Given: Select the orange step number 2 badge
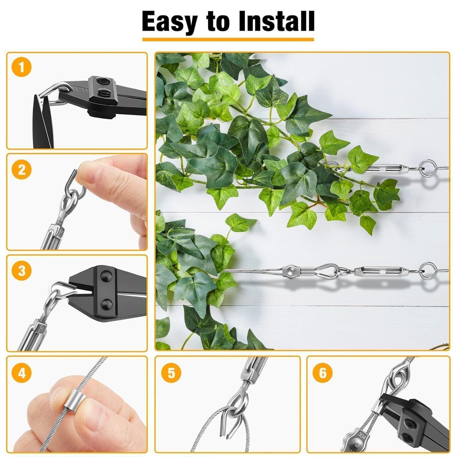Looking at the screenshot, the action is [21, 169].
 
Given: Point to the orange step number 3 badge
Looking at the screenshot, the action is [21, 271].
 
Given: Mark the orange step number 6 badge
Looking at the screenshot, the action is [323, 372].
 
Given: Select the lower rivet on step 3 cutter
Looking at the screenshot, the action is [107, 303].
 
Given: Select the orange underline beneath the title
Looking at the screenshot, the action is [228, 40].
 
